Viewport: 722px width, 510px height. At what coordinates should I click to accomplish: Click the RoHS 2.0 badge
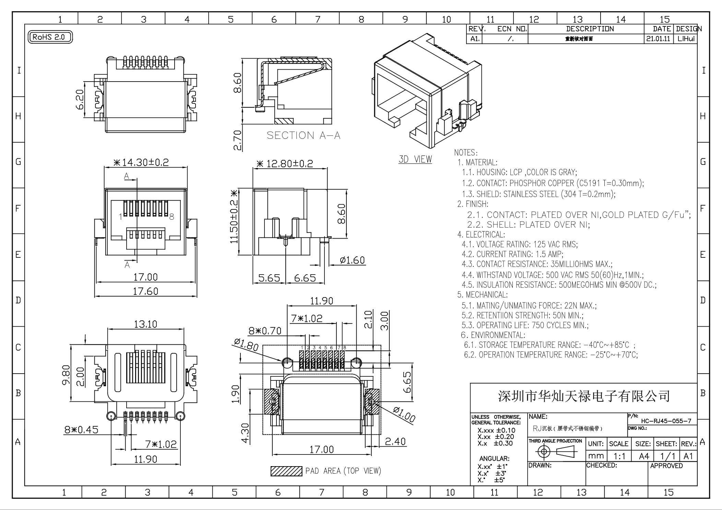50,37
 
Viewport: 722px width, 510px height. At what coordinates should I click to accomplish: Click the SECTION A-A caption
304,135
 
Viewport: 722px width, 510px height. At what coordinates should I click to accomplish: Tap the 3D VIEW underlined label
415,159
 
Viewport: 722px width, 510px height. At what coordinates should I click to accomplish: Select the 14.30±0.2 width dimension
141,162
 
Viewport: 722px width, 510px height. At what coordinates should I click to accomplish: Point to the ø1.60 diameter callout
352,260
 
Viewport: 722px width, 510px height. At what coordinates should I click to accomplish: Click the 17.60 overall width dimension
145,291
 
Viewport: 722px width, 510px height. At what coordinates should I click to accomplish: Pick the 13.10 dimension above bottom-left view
145,324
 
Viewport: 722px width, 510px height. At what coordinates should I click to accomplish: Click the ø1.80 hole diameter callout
246,344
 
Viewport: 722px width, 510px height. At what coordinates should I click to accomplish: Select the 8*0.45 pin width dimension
81,430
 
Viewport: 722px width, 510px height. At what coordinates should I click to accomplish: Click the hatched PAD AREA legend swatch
286,471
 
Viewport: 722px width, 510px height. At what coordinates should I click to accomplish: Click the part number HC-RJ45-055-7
666,421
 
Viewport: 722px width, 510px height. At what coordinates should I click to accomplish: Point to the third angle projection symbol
556,452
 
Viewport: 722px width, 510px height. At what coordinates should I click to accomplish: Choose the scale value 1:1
619,456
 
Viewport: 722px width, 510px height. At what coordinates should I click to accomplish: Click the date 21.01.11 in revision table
658,39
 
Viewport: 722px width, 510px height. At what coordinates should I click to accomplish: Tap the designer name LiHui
686,39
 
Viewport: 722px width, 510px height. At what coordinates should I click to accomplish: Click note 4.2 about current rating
512,254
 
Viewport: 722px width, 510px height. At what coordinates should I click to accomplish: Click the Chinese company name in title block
583,396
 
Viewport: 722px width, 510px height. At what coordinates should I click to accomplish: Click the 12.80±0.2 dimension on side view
285,164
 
